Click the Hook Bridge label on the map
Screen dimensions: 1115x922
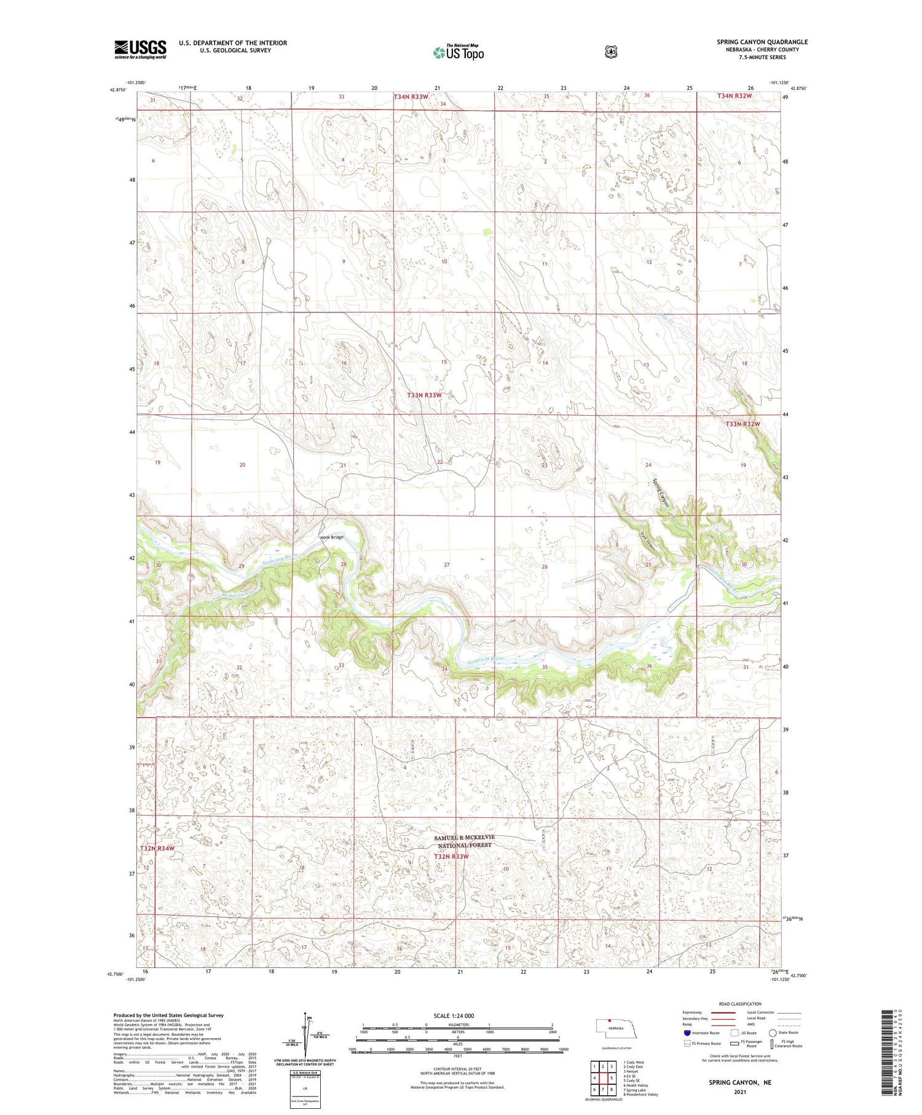click(x=331, y=537)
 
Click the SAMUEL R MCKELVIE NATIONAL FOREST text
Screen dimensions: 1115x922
click(x=464, y=841)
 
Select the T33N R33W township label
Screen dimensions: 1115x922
click(x=424, y=395)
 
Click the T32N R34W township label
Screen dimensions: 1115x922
click(x=157, y=848)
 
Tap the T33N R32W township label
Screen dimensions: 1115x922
click(x=743, y=424)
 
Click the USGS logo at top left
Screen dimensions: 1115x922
click(x=140, y=49)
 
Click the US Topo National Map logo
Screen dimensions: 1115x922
click(x=458, y=52)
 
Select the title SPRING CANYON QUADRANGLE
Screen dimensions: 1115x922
click(x=762, y=42)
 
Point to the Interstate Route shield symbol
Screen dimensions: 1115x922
click(x=687, y=1033)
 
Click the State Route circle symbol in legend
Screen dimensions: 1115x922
click(x=773, y=1033)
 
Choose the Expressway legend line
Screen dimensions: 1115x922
click(x=723, y=1012)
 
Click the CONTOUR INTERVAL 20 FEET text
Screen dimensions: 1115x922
click(x=457, y=1069)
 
